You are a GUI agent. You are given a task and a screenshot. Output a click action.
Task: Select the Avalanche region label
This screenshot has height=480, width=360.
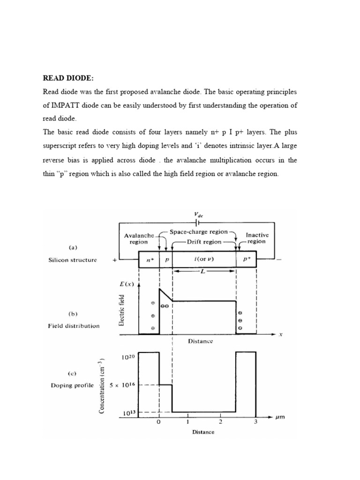pyautogui.click(x=135, y=239)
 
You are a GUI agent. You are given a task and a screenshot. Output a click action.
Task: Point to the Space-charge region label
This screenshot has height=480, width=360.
pyautogui.click(x=199, y=232)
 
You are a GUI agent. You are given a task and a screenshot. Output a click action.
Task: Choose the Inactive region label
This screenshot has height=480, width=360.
pyautogui.click(x=257, y=238)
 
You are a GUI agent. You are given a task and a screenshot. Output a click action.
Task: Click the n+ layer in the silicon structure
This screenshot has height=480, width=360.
pyautogui.click(x=149, y=260)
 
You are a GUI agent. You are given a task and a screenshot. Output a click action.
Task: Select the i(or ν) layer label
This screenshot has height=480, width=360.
pyautogui.click(x=204, y=260)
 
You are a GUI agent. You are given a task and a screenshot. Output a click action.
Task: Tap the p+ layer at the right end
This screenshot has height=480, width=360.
pyautogui.click(x=246, y=260)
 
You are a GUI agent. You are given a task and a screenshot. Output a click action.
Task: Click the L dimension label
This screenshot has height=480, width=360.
pyautogui.click(x=205, y=272)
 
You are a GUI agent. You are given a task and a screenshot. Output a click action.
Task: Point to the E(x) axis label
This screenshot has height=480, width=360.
pyautogui.click(x=127, y=284)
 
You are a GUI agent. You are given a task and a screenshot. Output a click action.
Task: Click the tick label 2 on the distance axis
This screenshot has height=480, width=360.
pyautogui.click(x=220, y=422)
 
